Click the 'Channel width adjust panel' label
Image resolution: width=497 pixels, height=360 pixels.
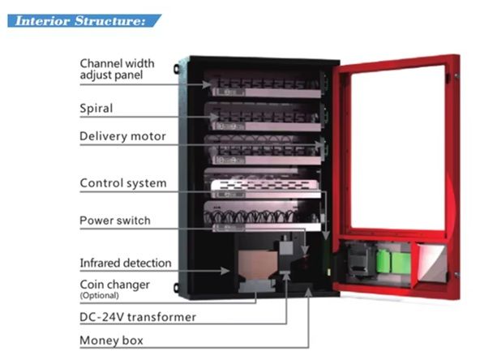117,69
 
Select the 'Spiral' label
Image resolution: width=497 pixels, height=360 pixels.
96,108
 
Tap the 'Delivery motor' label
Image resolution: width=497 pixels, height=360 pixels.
122,136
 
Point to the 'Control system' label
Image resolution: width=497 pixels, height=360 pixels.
122,183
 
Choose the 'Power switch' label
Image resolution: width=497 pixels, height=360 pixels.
114,221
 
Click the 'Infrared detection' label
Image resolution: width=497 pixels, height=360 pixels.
125,264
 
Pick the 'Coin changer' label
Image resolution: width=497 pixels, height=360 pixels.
114,285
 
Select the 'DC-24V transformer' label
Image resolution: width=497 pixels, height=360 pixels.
137,317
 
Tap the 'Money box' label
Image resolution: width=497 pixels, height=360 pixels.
110,341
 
